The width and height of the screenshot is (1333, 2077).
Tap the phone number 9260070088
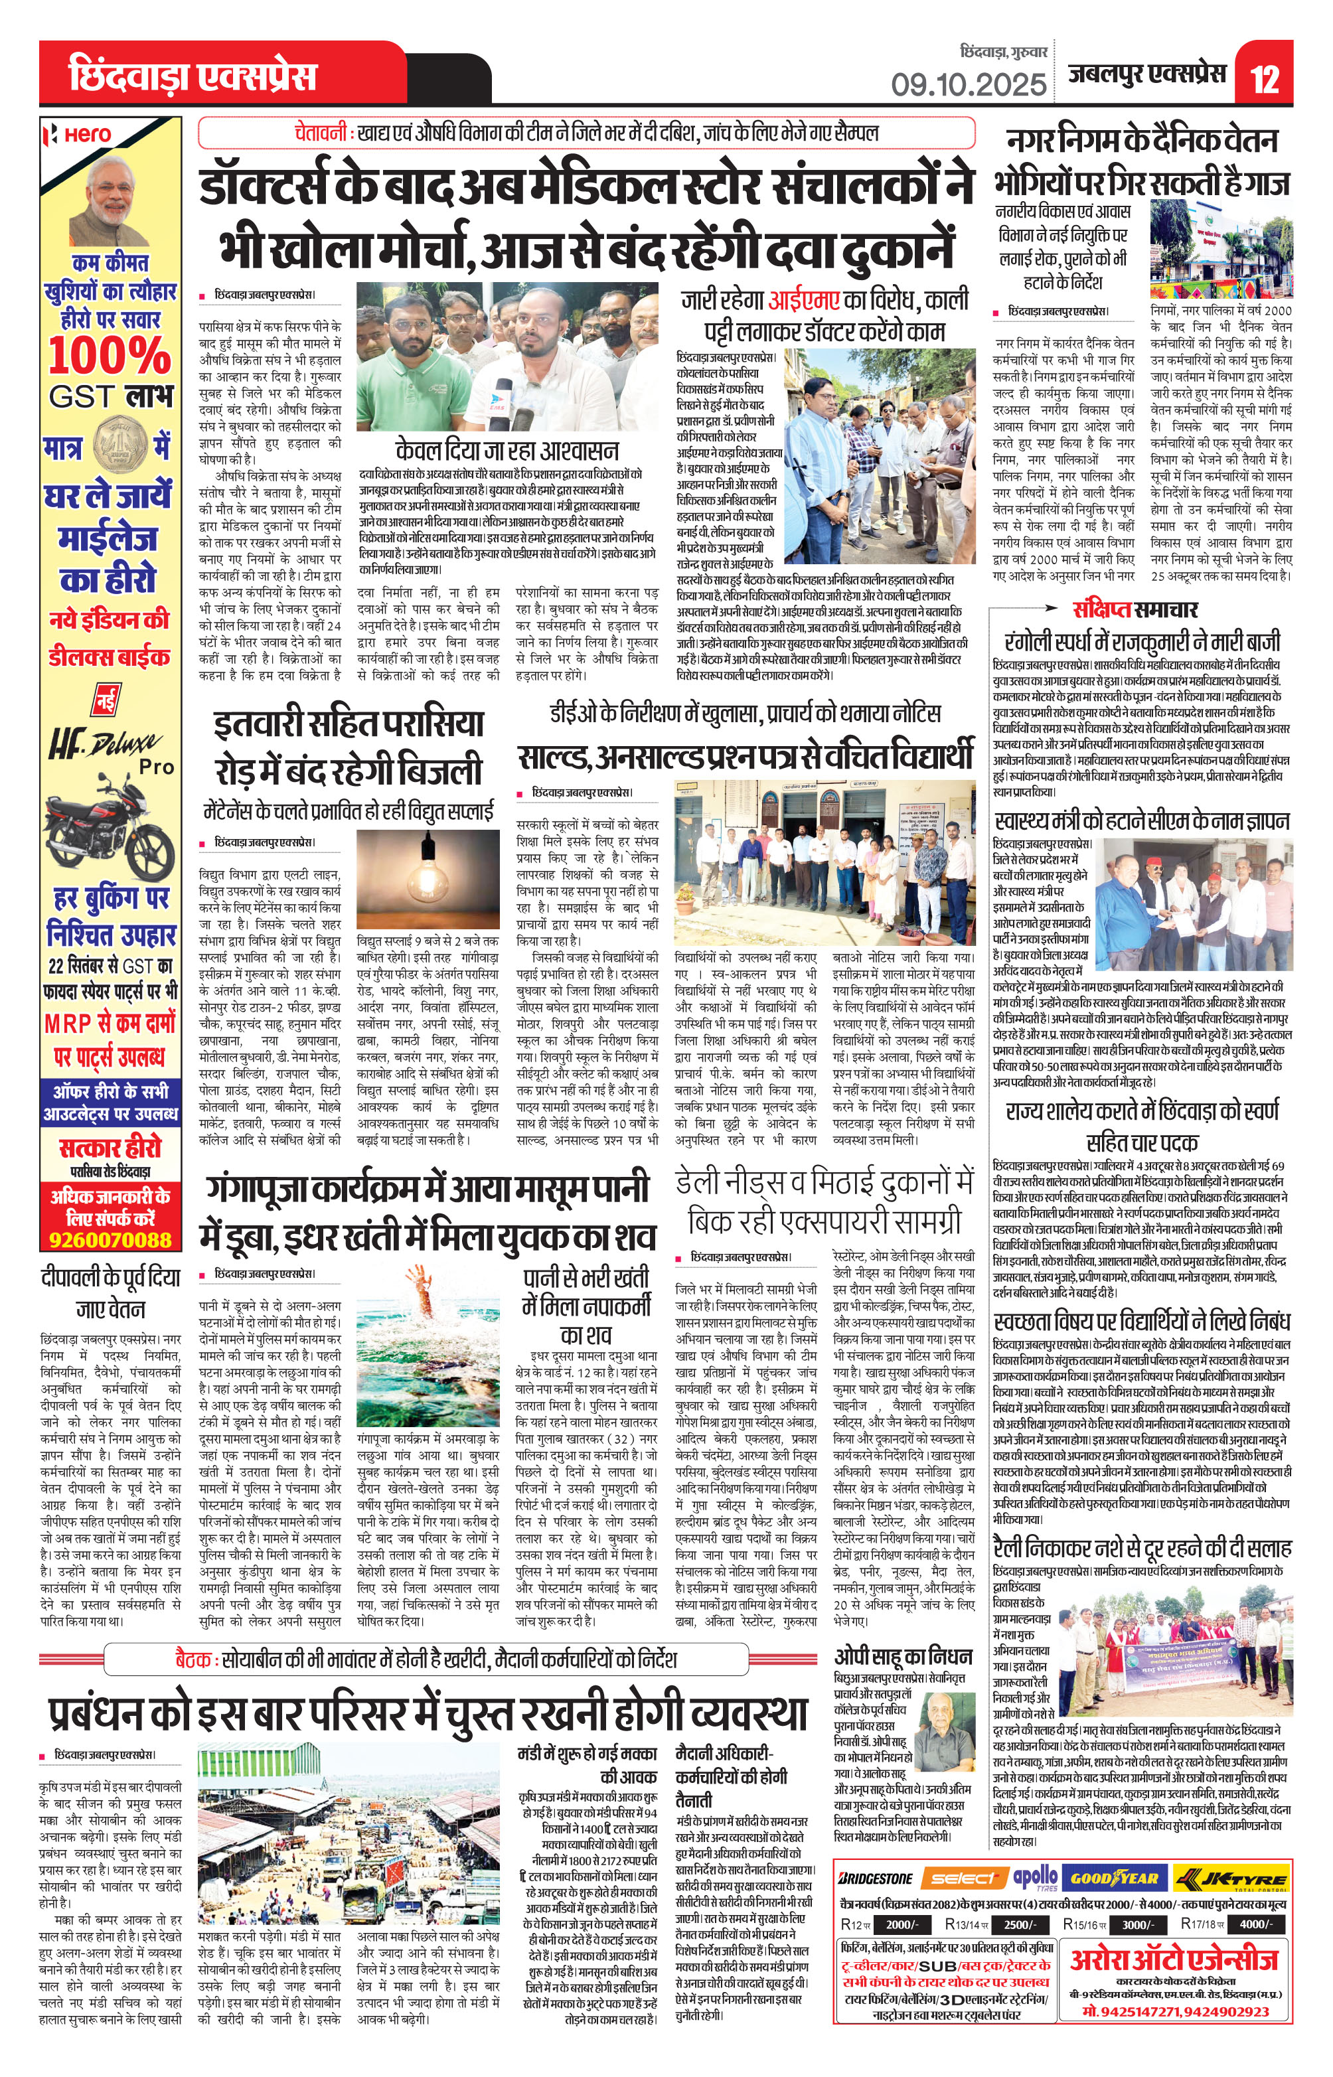coord(110,1239)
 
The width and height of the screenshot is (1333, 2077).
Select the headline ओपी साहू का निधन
coord(903,1655)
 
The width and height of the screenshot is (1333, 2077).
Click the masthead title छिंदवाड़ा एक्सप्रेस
coord(192,76)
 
